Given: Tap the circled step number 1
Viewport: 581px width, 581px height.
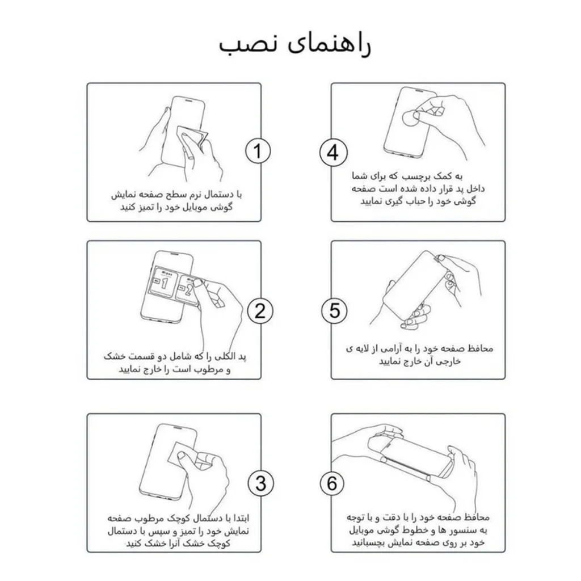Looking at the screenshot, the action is pos(258,151).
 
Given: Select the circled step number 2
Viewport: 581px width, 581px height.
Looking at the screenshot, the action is pos(260,310).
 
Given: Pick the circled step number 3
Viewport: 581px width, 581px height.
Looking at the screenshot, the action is pos(261,483).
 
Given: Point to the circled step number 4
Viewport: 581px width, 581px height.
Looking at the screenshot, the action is pos(334,153).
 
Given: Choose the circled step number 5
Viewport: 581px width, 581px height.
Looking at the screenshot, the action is pos(334,310).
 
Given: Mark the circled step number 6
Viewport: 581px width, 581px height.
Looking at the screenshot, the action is pos(332,483).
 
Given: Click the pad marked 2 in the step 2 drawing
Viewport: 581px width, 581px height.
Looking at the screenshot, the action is pos(188,290).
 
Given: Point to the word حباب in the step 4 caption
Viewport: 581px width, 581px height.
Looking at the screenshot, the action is pos(421,201).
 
